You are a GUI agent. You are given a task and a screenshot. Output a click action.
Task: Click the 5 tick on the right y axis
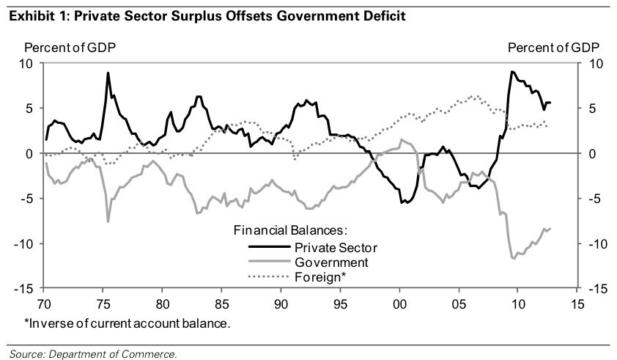[592, 109]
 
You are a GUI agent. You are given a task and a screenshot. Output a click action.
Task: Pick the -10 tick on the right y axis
[596, 243]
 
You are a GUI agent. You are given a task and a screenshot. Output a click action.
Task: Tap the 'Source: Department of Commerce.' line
[94, 354]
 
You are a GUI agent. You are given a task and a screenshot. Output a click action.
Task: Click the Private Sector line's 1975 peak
[108, 73]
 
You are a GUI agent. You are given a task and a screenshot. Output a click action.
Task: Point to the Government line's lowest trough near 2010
[513, 258]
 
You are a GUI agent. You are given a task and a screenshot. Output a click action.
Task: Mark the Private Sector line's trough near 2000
[402, 202]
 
